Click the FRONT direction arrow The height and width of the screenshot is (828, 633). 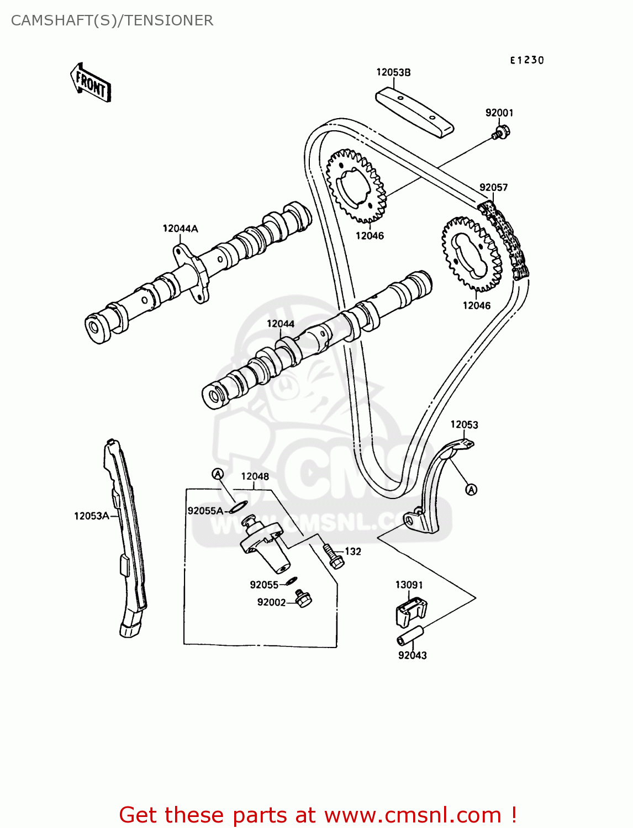pyautogui.click(x=91, y=83)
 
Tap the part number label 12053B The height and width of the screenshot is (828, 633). pyautogui.click(x=393, y=72)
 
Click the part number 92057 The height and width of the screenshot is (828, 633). pyautogui.click(x=493, y=188)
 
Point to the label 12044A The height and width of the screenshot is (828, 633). pyautogui.click(x=180, y=229)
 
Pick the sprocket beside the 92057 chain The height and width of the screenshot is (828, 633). pyautogui.click(x=471, y=254)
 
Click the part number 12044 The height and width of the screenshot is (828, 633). pyautogui.click(x=281, y=324)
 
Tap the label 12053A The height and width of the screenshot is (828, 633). pyautogui.click(x=91, y=516)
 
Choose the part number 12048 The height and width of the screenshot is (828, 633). pyautogui.click(x=255, y=476)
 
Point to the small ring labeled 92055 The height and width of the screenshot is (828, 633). pyautogui.click(x=291, y=581)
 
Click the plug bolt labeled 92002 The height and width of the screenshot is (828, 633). pyautogui.click(x=303, y=598)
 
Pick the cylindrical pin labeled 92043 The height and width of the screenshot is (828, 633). pyautogui.click(x=410, y=635)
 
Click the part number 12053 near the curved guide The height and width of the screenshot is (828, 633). pyautogui.click(x=464, y=424)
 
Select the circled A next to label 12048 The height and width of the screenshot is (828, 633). pyautogui.click(x=218, y=474)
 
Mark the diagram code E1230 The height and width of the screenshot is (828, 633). pyautogui.click(x=526, y=60)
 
